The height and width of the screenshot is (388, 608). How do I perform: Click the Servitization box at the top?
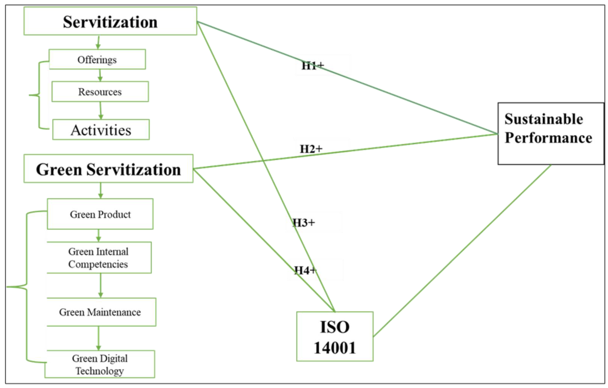click(x=110, y=21)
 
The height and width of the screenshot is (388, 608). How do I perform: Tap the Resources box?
click(x=100, y=92)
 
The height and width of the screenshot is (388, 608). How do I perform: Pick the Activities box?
click(x=101, y=130)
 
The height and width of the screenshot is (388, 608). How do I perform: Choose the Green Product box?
click(x=100, y=214)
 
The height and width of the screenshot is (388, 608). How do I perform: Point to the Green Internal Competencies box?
click(x=99, y=258)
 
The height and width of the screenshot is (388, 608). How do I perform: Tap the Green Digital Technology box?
click(x=100, y=364)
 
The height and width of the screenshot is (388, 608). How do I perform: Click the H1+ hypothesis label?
click(x=313, y=66)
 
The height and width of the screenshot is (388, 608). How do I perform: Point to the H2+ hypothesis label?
click(x=311, y=149)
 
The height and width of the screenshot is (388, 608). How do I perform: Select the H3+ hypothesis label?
click(x=304, y=222)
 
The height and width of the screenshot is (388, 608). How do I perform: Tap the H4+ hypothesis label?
click(x=305, y=270)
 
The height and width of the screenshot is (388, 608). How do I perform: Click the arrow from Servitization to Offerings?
click(x=98, y=42)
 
